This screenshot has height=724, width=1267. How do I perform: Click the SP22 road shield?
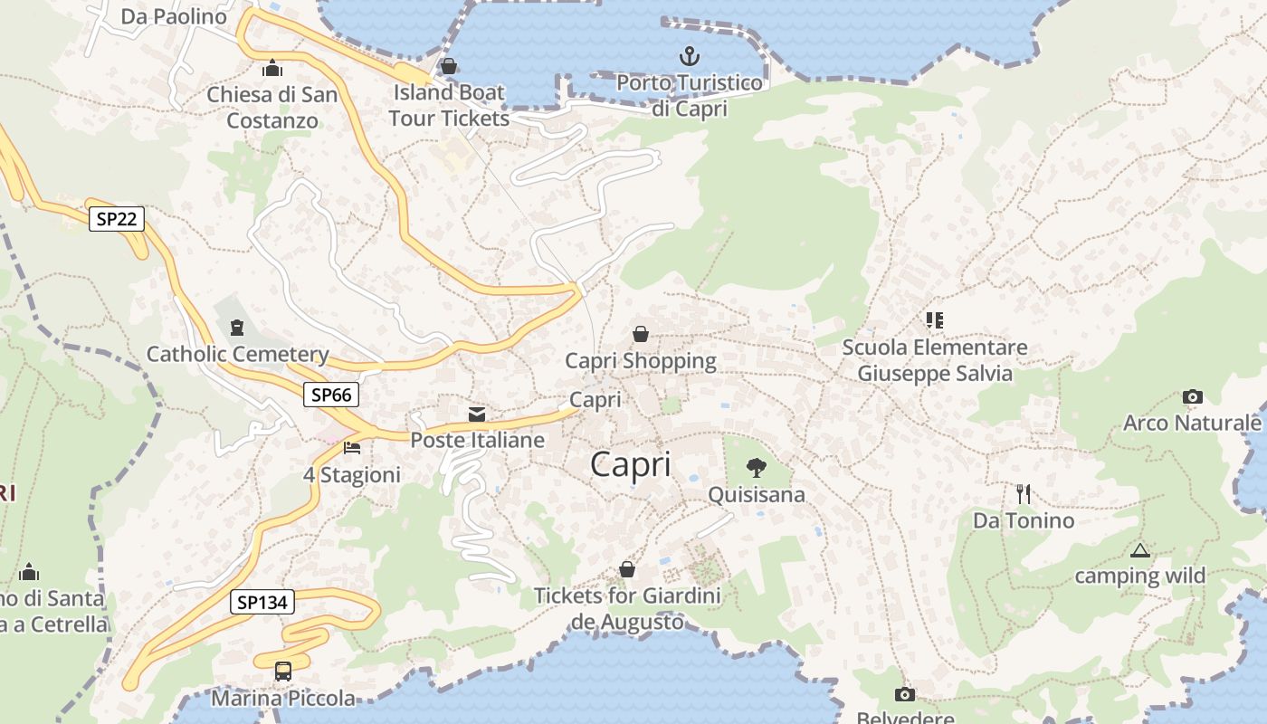point(117,218)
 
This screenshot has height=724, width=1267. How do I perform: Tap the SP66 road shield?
point(330,394)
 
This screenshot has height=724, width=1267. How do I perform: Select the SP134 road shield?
point(262,602)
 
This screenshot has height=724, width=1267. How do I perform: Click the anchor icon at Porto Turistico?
point(690,57)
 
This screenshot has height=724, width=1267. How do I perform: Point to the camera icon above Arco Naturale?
point(1192,396)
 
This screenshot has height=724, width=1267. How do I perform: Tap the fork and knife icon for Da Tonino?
point(1023,494)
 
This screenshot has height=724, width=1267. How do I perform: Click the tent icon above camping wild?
point(1139,550)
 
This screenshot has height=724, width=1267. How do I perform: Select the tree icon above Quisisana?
point(756,468)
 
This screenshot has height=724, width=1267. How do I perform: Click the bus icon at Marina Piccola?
point(283,672)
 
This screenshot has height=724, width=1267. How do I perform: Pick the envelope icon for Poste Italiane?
point(477,414)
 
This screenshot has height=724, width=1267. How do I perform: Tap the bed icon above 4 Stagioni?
point(352,448)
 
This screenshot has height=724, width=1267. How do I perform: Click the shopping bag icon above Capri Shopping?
point(641,334)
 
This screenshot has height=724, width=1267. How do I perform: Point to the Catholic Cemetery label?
point(237,354)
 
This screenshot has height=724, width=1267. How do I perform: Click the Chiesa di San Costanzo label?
point(271,107)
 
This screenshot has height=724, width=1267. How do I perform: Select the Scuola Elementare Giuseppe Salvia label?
point(935,360)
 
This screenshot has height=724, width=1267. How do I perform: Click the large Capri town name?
point(631,464)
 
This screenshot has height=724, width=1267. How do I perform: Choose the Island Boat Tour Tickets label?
point(449,105)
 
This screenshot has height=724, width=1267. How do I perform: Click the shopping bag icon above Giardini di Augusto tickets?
point(626,569)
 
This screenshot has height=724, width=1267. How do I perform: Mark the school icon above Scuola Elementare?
point(934,319)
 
